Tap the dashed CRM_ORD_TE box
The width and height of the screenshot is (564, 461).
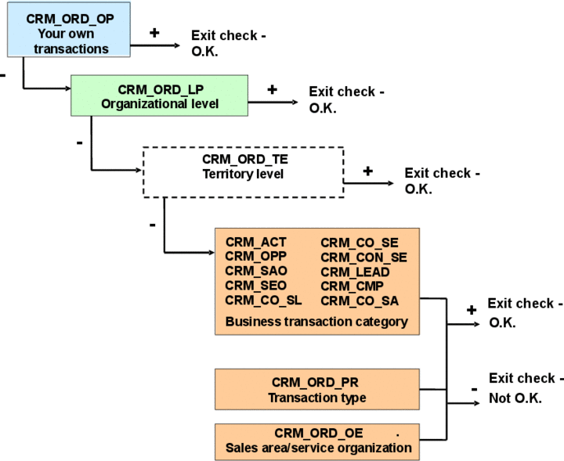[x=243, y=171]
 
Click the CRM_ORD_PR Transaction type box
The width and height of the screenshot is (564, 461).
[x=316, y=390]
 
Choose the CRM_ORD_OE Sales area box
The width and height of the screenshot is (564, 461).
[x=316, y=441]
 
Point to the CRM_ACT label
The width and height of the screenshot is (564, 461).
[x=255, y=243]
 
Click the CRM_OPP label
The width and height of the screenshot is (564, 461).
[x=255, y=257]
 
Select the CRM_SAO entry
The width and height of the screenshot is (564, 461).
[x=255, y=271]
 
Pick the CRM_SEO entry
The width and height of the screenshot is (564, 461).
[x=255, y=286]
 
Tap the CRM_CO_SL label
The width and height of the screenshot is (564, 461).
[x=263, y=300]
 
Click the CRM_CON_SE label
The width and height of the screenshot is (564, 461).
[x=363, y=257]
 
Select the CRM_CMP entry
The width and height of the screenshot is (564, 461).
[x=352, y=286]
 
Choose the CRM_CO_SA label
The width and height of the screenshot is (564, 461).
[x=360, y=300]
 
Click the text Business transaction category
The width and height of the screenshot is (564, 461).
[x=316, y=321]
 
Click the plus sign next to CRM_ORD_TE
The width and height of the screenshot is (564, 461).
[x=367, y=171]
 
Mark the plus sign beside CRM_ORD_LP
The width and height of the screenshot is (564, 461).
[x=272, y=89]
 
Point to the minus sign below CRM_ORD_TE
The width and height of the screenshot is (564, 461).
[x=152, y=225]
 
